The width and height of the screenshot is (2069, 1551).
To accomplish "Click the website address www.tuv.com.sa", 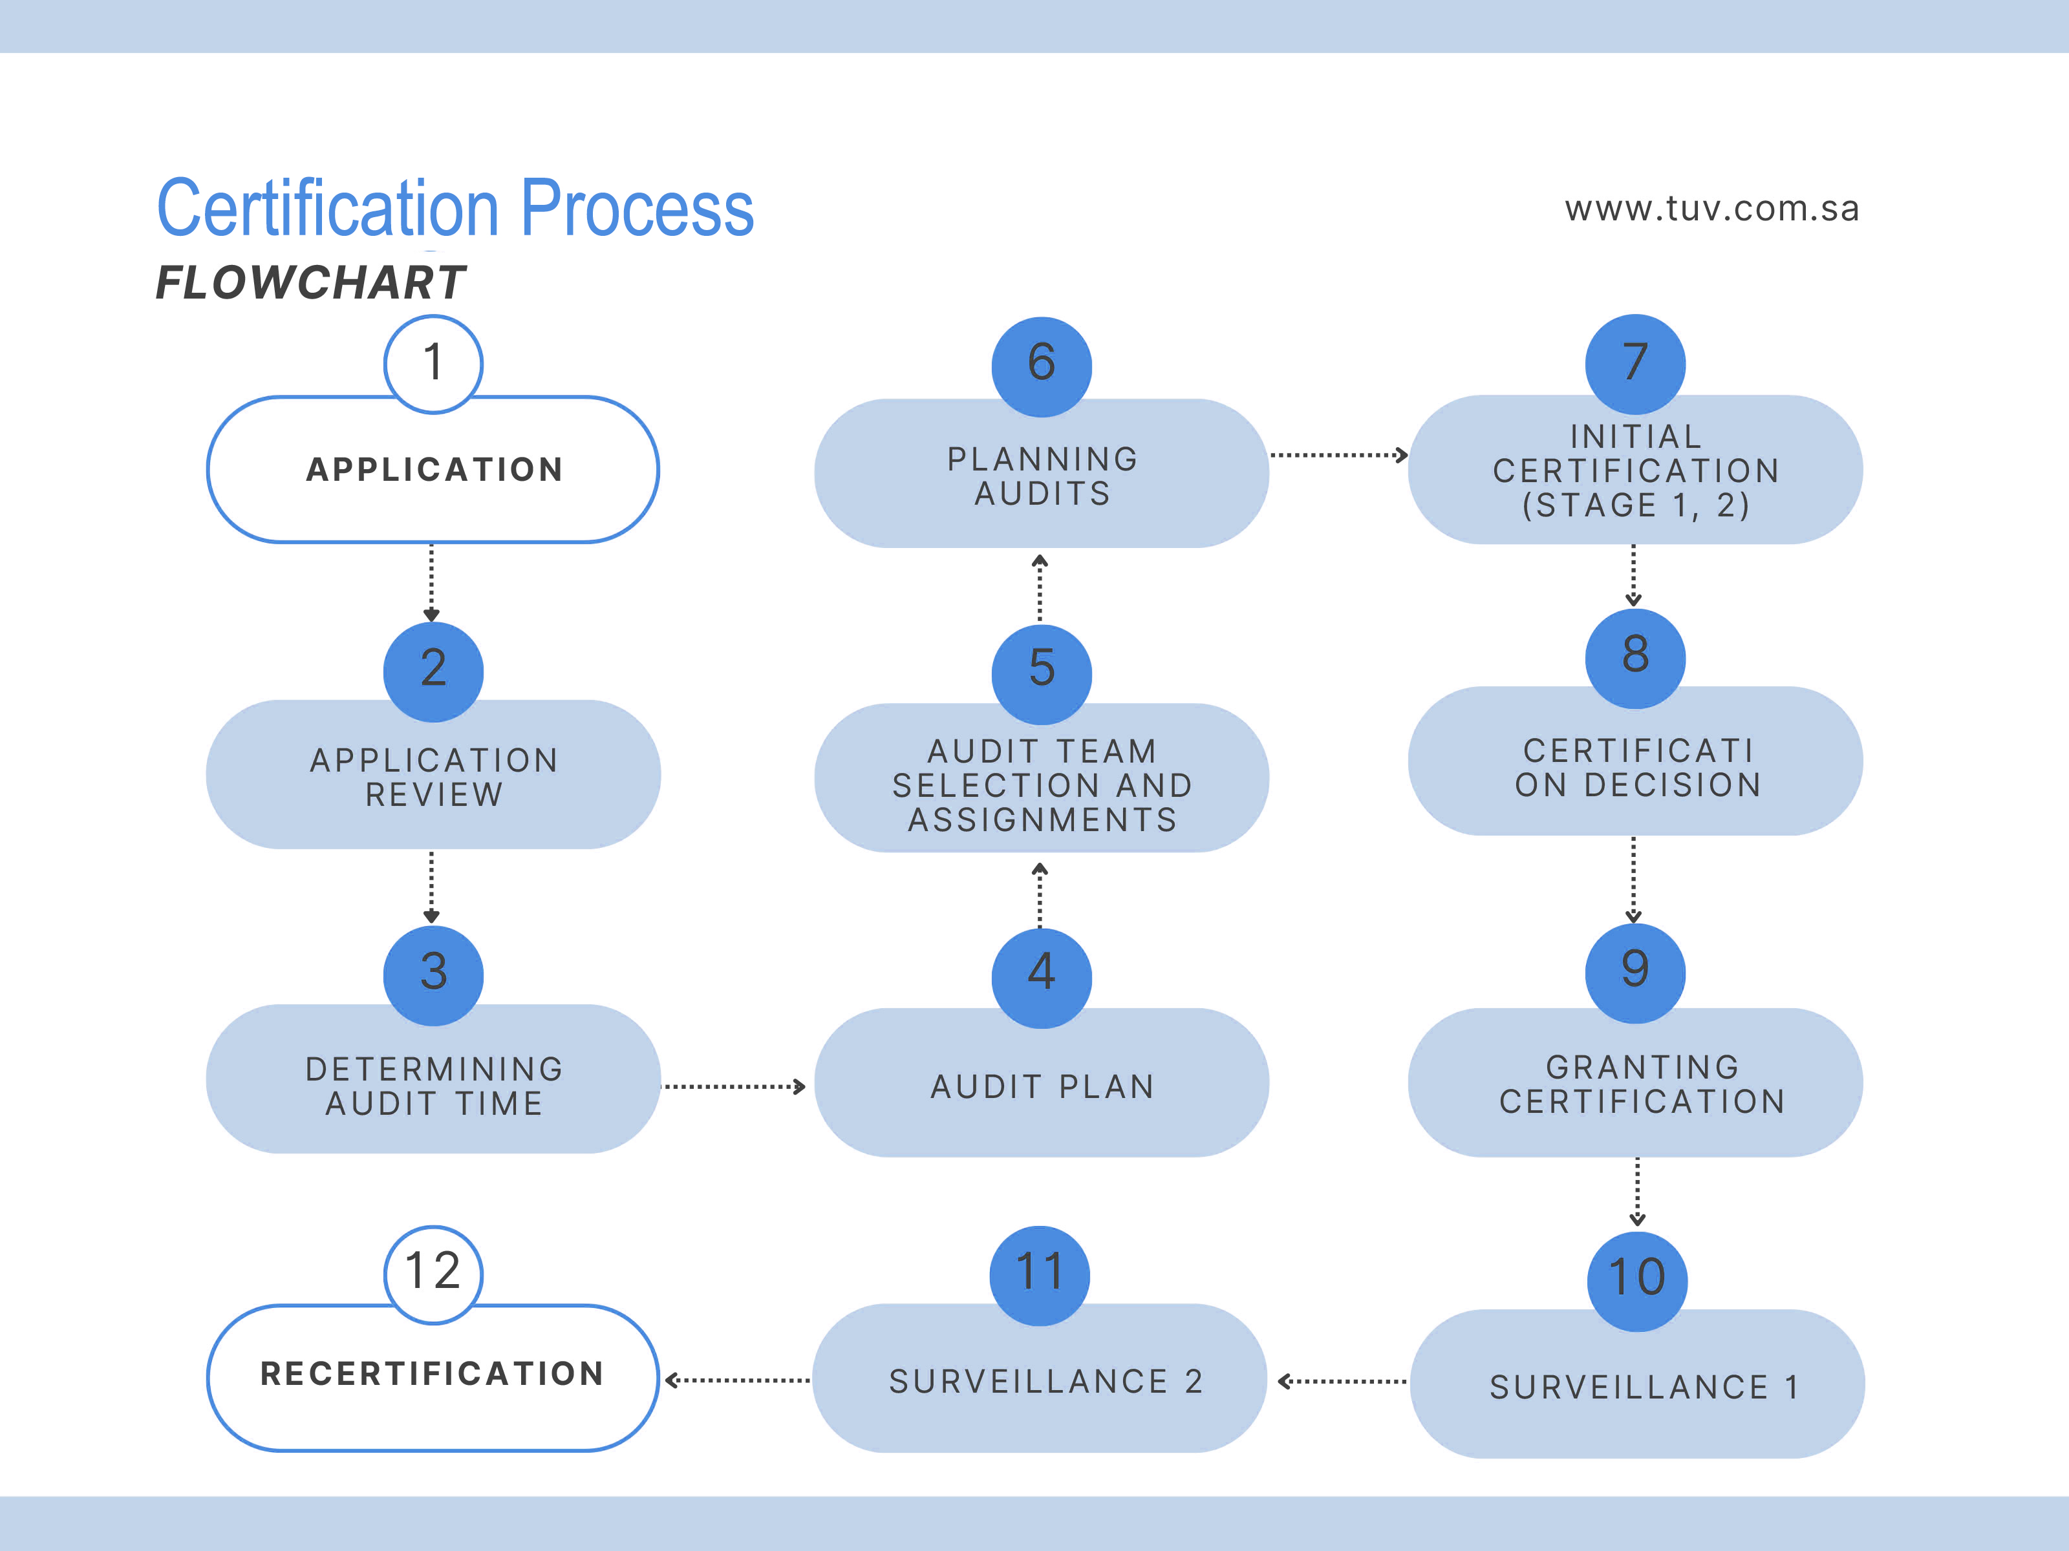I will (x=1711, y=209).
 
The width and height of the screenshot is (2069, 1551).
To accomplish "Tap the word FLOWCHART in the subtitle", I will (x=310, y=282).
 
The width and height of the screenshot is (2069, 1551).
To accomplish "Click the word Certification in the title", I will (x=327, y=209).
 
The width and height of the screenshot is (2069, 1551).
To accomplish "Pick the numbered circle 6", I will (x=1041, y=364).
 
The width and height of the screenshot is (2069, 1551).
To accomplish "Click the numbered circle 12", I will (x=433, y=1273).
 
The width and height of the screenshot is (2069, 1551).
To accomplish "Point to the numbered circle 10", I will (x=1637, y=1279).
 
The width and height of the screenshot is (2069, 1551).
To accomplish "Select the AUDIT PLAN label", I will (x=1042, y=1086).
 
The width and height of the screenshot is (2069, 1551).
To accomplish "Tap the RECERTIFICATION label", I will (x=432, y=1373).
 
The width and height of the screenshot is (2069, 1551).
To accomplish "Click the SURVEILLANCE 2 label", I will (x=1045, y=1382).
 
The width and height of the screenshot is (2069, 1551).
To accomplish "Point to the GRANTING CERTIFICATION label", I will (x=1642, y=1084).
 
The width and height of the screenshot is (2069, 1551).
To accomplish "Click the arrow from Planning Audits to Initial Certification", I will (x=1338, y=456).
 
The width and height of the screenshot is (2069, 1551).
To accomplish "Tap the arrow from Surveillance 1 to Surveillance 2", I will (x=1342, y=1381).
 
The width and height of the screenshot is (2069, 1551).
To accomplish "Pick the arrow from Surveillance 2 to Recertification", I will (x=737, y=1380).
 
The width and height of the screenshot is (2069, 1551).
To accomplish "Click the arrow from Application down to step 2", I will (x=431, y=582).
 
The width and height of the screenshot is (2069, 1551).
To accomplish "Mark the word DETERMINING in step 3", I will (x=434, y=1069).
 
